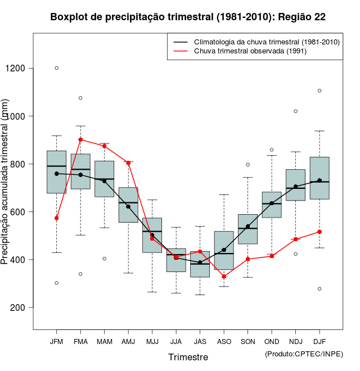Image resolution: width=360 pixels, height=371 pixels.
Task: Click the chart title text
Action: [188, 17]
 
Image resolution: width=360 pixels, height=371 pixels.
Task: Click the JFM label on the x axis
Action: [56, 341]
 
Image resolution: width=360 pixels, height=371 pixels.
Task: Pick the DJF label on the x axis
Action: [319, 341]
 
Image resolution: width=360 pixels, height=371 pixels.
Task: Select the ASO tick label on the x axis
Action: [224, 341]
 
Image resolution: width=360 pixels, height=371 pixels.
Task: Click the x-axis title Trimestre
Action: [188, 357]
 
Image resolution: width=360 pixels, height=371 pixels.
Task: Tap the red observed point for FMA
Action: [80, 139]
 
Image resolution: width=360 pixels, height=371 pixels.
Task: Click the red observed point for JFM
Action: [56, 218]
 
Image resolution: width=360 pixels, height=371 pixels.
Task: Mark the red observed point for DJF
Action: [319, 232]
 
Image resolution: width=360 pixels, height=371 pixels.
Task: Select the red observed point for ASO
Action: [224, 277]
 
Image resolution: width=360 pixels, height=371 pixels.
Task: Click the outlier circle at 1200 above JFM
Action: [56, 68]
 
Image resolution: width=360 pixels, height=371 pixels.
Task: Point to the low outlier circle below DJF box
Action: [319, 289]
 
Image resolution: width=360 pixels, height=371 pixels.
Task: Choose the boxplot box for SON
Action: [247, 229]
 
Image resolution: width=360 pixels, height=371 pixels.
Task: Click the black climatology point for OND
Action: [272, 203]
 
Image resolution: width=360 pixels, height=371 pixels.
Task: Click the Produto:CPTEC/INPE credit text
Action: [304, 354]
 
